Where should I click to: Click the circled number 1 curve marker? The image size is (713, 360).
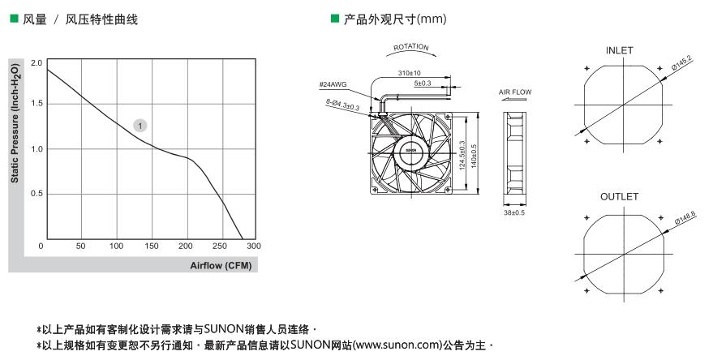point(140,126)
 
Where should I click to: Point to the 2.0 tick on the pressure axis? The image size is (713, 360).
point(37,62)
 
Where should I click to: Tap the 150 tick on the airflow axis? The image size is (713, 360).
point(152,246)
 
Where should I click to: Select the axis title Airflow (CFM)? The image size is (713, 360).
point(221,265)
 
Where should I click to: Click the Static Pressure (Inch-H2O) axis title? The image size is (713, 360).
point(15,123)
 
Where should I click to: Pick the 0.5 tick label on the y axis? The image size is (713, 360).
point(37,194)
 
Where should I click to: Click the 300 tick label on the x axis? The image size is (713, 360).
point(254,246)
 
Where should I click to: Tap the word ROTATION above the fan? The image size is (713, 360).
point(411,47)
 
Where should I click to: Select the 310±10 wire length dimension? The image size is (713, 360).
point(410,73)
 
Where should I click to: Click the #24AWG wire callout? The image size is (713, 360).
point(333,84)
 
